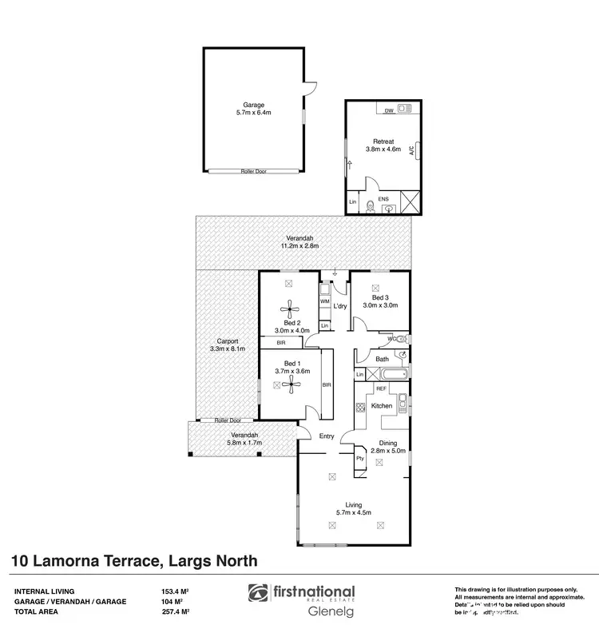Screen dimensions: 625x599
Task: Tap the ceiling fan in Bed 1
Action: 288,384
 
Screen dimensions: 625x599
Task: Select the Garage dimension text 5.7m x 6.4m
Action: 253,113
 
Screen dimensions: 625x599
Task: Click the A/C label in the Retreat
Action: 411,149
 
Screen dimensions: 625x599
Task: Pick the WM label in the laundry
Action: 324,301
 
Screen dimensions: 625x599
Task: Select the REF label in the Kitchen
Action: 381,388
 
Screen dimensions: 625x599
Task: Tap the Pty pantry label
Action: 359,458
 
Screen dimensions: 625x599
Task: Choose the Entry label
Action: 327,436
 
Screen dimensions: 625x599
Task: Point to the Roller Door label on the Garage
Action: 254,171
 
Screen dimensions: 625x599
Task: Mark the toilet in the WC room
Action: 402,339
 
